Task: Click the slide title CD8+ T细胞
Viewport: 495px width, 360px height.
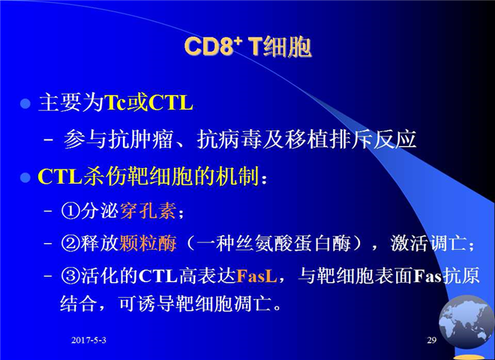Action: coord(247,47)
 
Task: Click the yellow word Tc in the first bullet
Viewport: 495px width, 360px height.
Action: coord(115,102)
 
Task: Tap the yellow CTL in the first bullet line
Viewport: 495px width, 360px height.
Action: coord(170,102)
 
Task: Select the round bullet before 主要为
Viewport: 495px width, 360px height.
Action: coord(25,103)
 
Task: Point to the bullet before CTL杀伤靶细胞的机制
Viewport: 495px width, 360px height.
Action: coord(25,178)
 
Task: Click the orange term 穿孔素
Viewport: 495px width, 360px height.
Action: coord(148,210)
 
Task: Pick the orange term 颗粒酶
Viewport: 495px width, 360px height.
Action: coord(148,243)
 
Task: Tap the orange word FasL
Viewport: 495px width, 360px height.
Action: coord(256,276)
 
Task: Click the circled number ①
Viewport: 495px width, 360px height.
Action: coord(70,211)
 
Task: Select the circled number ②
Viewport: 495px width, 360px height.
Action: coord(70,244)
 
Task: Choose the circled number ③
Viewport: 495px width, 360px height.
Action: coord(70,276)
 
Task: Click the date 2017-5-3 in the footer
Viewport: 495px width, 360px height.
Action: coord(88,340)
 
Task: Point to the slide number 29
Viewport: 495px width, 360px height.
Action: coord(431,340)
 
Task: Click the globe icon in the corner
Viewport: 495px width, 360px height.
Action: coord(466,322)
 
